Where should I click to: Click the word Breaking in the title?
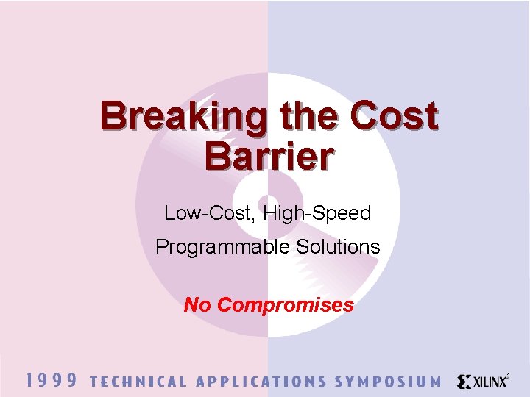183,118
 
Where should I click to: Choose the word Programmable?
223,247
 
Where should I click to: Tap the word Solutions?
338,247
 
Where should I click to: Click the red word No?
197,304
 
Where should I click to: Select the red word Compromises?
286,305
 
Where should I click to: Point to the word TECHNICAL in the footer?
138,382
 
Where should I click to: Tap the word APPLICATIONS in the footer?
261,382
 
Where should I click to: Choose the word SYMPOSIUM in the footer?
388,382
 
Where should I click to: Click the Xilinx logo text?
490,382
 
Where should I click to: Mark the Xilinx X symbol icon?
464,382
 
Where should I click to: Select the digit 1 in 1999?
30,380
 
